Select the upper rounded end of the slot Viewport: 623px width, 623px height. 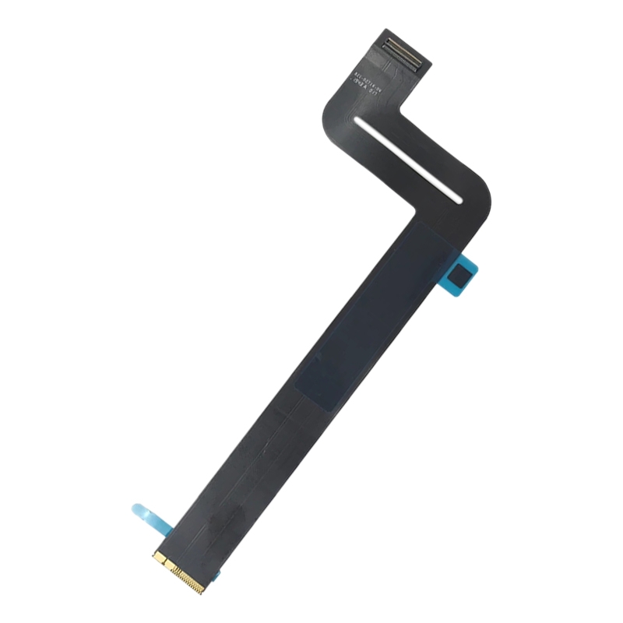pyautogui.click(x=356, y=121)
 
